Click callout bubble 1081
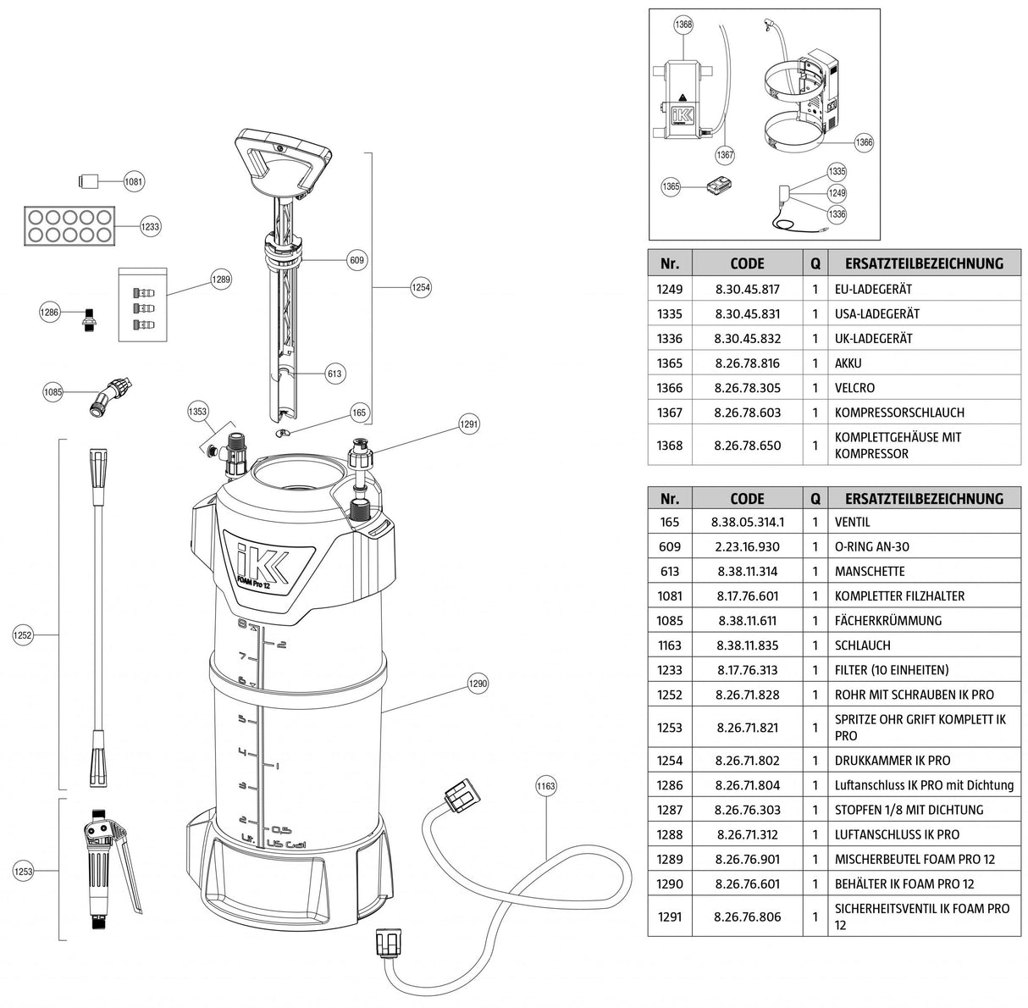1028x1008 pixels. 134,181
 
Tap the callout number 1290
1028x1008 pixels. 478,684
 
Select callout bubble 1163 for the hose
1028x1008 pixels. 546,786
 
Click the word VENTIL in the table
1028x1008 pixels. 852,523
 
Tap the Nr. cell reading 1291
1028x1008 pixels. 669,917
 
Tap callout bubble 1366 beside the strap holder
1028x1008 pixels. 863,143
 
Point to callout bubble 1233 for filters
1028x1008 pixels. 150,227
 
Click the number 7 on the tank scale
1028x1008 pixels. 242,657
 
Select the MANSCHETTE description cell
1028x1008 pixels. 870,572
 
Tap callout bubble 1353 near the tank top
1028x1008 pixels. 197,412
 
